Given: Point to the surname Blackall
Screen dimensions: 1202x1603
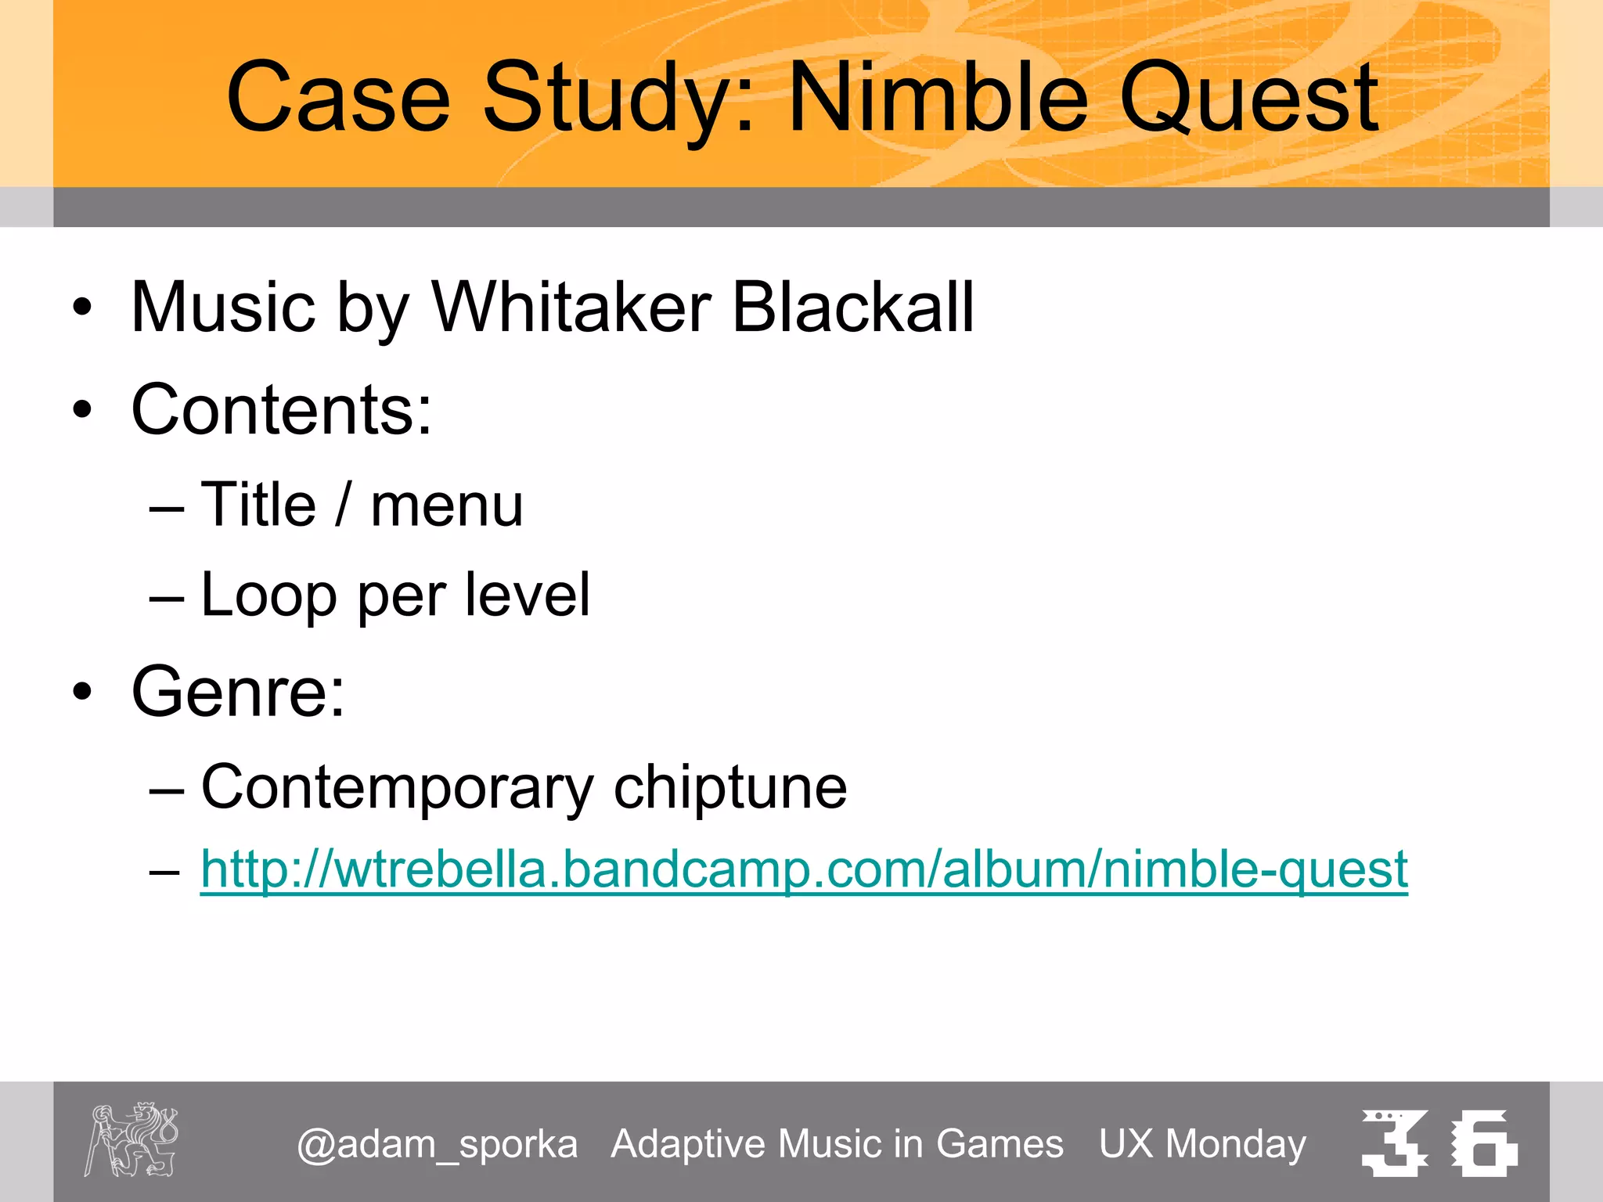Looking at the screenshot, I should pyautogui.click(x=852, y=308).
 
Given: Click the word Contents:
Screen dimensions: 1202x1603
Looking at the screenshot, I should pyautogui.click(x=282, y=410).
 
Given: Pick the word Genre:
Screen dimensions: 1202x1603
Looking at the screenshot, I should pyautogui.click(x=238, y=692).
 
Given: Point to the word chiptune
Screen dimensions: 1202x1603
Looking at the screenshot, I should pyautogui.click(x=729, y=787).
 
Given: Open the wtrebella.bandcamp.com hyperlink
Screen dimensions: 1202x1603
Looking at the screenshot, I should pyautogui.click(x=804, y=869).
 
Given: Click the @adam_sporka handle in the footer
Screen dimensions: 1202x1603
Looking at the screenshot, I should pyautogui.click(x=438, y=1144).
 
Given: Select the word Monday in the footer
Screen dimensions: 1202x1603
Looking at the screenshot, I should pyautogui.click(x=1236, y=1144).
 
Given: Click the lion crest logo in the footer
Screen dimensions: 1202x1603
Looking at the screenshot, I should pyautogui.click(x=131, y=1139).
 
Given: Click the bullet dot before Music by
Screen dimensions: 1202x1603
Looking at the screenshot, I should pyautogui.click(x=82, y=308).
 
